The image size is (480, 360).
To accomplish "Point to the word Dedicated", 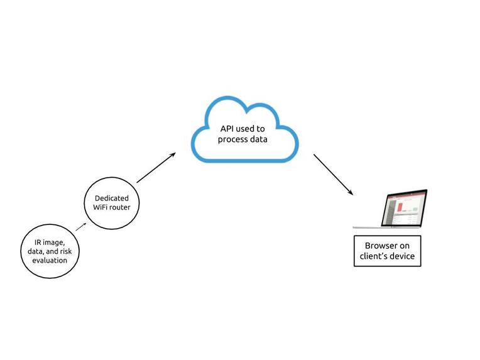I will point(112,198).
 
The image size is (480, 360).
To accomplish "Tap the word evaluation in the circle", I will point(50,259).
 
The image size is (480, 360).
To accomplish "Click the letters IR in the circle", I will point(38,242).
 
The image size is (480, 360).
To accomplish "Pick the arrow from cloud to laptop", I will point(334,174).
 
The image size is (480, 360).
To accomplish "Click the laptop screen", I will point(405,208).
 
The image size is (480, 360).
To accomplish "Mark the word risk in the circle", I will point(70,251).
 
